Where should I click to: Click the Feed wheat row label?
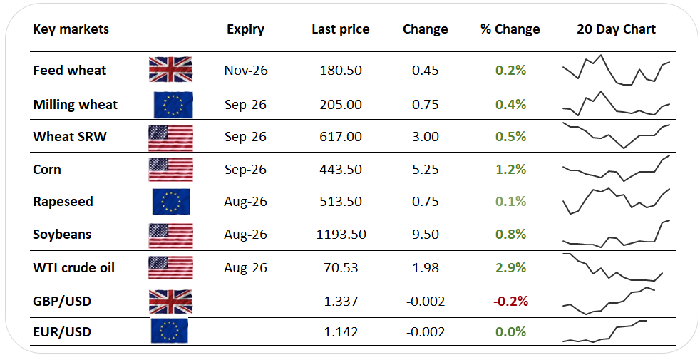pyautogui.click(x=70, y=70)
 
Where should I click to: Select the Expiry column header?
pyautogui.click(x=245, y=29)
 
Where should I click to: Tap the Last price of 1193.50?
pyautogui.click(x=341, y=234)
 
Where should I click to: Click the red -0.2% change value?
pyautogui.click(x=510, y=301)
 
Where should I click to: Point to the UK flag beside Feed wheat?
pyautogui.click(x=170, y=69)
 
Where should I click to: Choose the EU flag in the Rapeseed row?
pyautogui.click(x=171, y=202)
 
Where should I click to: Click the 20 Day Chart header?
pyautogui.click(x=616, y=29)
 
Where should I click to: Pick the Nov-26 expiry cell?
pyautogui.click(x=246, y=70)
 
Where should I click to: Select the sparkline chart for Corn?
pyautogui.click(x=616, y=168)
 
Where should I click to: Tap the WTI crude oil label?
pyautogui.click(x=73, y=267)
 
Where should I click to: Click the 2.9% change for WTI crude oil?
pyautogui.click(x=510, y=267)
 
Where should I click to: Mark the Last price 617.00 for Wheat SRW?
pyautogui.click(x=341, y=136)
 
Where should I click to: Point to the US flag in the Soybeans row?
pyautogui.click(x=170, y=235)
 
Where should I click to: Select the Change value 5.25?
pyautogui.click(x=426, y=169)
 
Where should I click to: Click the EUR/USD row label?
pyautogui.click(x=62, y=332)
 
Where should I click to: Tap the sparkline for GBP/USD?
pyautogui.click(x=609, y=301)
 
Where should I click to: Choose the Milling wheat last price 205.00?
pyautogui.click(x=341, y=105)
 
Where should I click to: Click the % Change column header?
pyautogui.click(x=510, y=29)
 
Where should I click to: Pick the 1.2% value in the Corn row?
pyautogui.click(x=510, y=169)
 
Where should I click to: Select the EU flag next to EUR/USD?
pyautogui.click(x=169, y=331)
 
